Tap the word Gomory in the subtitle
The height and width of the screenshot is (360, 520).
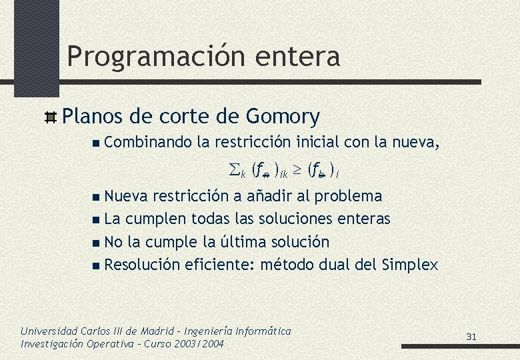[283, 117]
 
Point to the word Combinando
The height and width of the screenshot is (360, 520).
[147, 141]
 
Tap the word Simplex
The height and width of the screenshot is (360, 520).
[411, 265]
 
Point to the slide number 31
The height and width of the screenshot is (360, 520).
[471, 337]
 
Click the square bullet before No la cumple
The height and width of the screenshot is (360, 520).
[98, 242]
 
